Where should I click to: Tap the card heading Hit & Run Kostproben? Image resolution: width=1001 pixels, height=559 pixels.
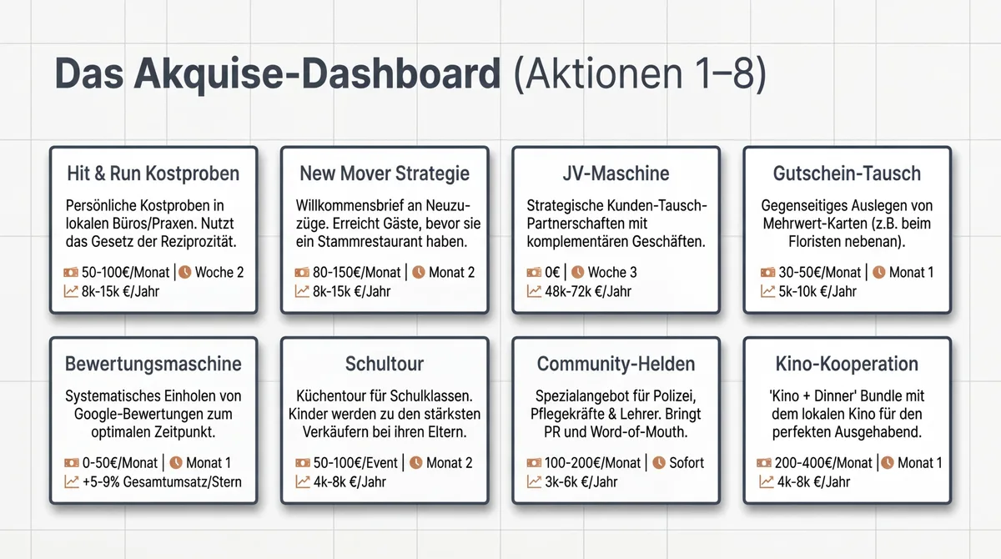153,174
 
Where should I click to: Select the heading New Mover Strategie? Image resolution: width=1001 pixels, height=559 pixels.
385,174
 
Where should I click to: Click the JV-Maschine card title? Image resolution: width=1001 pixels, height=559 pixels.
615,174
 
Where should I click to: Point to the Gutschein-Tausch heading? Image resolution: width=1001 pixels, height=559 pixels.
846,174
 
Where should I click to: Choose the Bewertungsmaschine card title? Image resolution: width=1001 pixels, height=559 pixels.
153,364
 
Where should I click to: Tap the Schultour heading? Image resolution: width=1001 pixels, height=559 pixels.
385,364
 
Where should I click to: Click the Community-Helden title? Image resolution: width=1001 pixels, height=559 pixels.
616,364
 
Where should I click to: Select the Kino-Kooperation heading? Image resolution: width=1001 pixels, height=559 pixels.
847,364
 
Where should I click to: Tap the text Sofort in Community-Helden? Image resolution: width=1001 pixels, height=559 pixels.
687,462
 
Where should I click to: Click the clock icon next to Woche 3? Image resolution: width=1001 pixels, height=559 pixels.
577,272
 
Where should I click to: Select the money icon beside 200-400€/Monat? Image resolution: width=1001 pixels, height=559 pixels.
764,462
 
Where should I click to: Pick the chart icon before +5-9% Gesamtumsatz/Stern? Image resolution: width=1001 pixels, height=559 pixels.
71,481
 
